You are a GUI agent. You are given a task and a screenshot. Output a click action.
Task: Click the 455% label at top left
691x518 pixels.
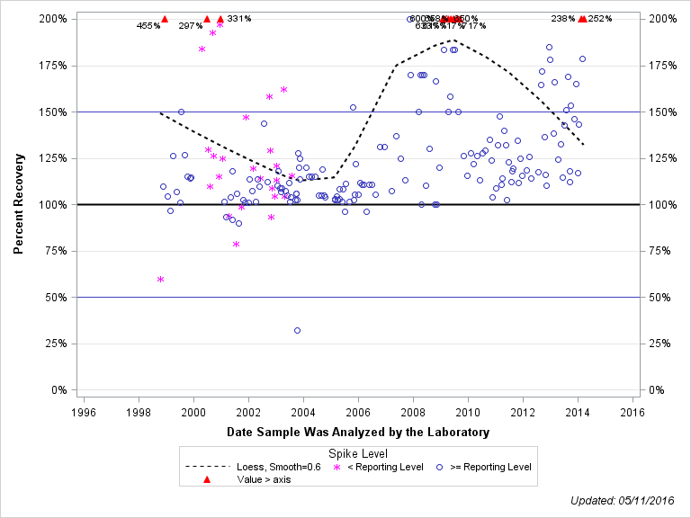point(148,26)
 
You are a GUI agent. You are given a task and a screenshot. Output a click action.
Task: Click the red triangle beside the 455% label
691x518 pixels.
point(165,19)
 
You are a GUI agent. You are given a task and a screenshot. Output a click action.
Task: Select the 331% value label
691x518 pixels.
point(239,19)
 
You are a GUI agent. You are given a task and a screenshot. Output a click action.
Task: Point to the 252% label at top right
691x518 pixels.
point(600,19)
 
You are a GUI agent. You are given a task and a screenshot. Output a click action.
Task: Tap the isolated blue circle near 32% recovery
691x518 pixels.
point(297,330)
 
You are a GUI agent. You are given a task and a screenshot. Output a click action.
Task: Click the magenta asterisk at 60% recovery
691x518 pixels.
point(160,279)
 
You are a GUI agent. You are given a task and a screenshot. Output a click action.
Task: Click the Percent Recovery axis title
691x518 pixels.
point(18,205)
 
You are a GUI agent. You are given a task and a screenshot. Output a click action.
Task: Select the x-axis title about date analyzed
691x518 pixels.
point(358,433)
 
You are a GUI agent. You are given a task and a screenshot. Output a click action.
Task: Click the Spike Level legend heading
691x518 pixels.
point(358,453)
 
